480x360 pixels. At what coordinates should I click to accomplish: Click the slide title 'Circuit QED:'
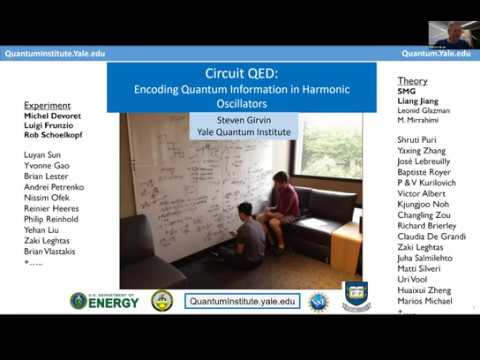[x=241, y=74]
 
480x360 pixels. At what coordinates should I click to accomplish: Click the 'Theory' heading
[x=412, y=81]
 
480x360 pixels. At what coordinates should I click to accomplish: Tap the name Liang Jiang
[x=418, y=105]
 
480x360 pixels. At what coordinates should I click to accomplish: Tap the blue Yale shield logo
[x=356, y=298]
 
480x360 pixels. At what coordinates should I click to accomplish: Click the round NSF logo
[x=318, y=300]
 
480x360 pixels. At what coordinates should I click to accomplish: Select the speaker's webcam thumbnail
[x=453, y=32]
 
